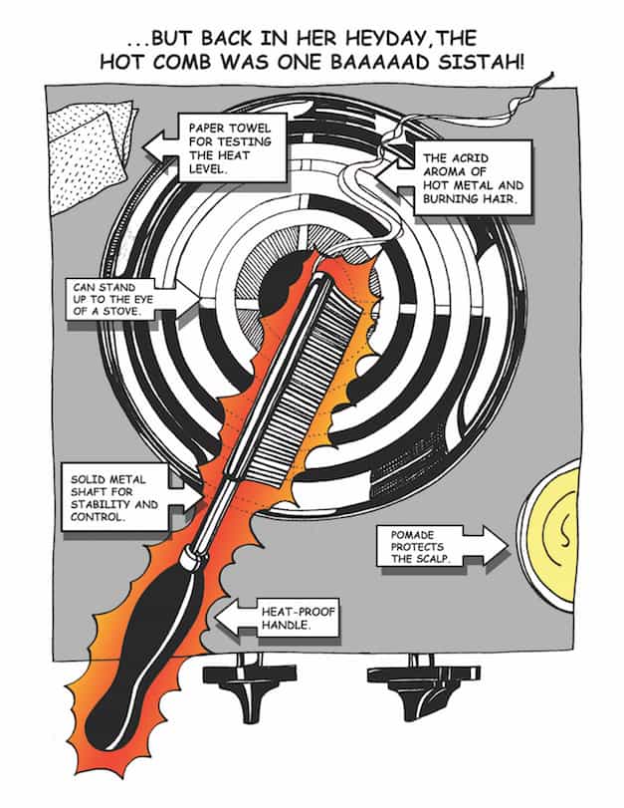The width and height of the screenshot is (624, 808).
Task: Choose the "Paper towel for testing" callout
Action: point(223,146)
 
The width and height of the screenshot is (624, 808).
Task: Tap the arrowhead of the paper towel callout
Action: point(158,146)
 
